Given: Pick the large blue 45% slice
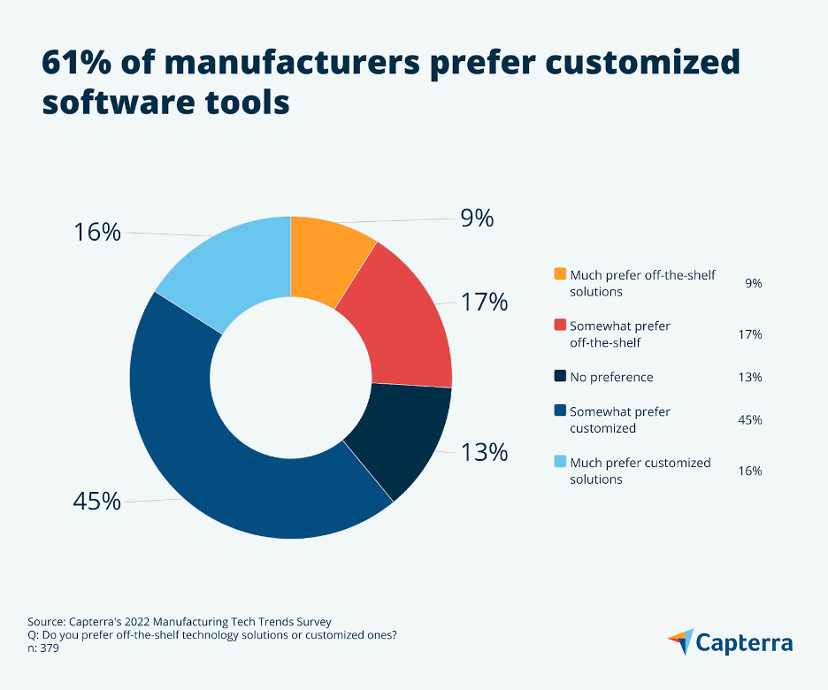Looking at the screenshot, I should (x=221, y=460).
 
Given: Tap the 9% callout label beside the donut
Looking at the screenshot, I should (x=476, y=218).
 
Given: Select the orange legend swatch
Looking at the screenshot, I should (x=560, y=275).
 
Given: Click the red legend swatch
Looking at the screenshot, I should (x=560, y=326).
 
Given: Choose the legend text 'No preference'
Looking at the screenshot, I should (x=611, y=378).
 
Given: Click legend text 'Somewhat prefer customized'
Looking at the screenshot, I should (x=619, y=419).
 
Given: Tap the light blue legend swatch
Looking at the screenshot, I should (x=560, y=463).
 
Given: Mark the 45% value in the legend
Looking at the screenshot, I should (x=750, y=419).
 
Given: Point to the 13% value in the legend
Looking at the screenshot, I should (x=750, y=378).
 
